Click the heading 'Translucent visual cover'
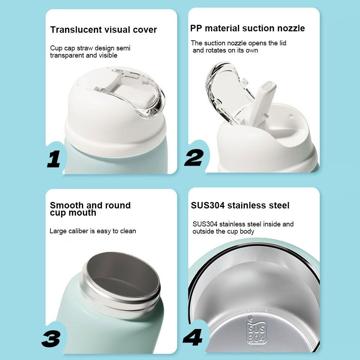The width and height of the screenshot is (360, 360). (103, 30)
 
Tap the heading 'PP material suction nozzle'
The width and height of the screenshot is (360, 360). (247, 28)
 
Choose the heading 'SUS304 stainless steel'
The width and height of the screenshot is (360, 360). (240, 206)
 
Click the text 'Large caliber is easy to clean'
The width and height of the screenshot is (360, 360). (93, 231)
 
